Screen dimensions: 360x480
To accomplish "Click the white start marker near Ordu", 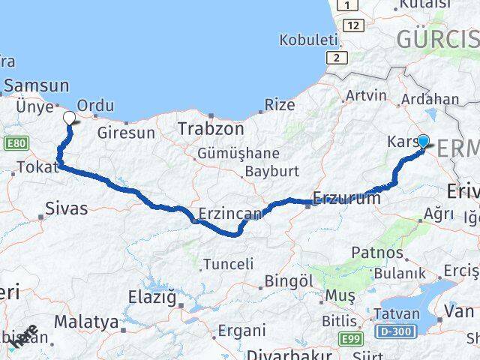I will pyautogui.click(x=69, y=118).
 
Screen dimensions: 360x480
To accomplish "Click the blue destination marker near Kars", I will pyautogui.click(x=423, y=140).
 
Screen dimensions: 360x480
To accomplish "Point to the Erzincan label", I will pyautogui.click(x=230, y=214).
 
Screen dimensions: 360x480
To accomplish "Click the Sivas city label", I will pyautogui.click(x=66, y=208).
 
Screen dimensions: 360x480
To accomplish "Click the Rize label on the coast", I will pyautogui.click(x=280, y=105).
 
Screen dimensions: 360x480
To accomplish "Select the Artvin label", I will pyautogui.click(x=366, y=96).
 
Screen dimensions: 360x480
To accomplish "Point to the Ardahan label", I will pyautogui.click(x=430, y=99).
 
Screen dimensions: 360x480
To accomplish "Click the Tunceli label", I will pyautogui.click(x=228, y=264).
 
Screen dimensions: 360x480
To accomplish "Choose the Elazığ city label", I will pyautogui.click(x=156, y=298).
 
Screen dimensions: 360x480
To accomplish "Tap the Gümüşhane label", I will pyautogui.click(x=237, y=154).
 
